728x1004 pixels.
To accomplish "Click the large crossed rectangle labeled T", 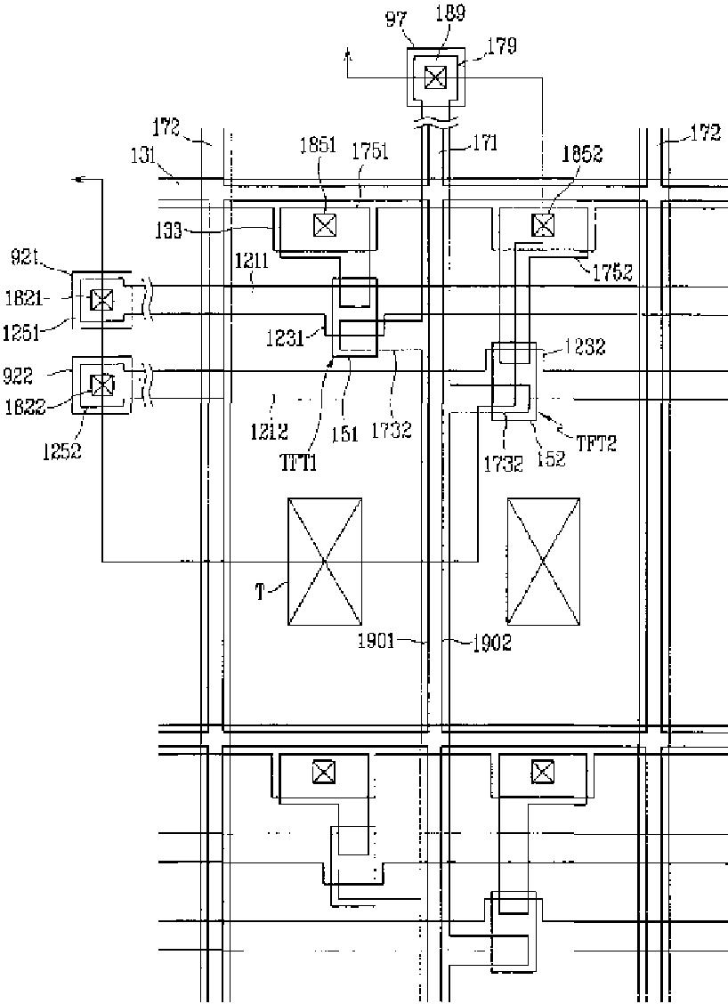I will pos(325,561).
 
